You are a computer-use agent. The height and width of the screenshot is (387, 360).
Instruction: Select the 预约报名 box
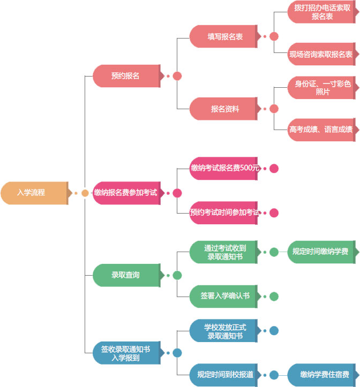126,76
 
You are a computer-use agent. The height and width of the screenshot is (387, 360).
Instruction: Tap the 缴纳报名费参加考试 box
126,193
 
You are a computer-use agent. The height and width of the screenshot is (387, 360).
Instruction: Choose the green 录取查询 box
126,275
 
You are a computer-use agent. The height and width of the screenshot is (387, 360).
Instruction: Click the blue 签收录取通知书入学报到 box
126,353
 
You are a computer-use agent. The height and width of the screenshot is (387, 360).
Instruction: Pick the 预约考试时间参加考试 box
225,213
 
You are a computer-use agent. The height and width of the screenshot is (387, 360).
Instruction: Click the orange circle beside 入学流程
85,193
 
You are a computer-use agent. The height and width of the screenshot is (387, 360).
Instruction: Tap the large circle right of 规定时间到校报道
274,375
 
